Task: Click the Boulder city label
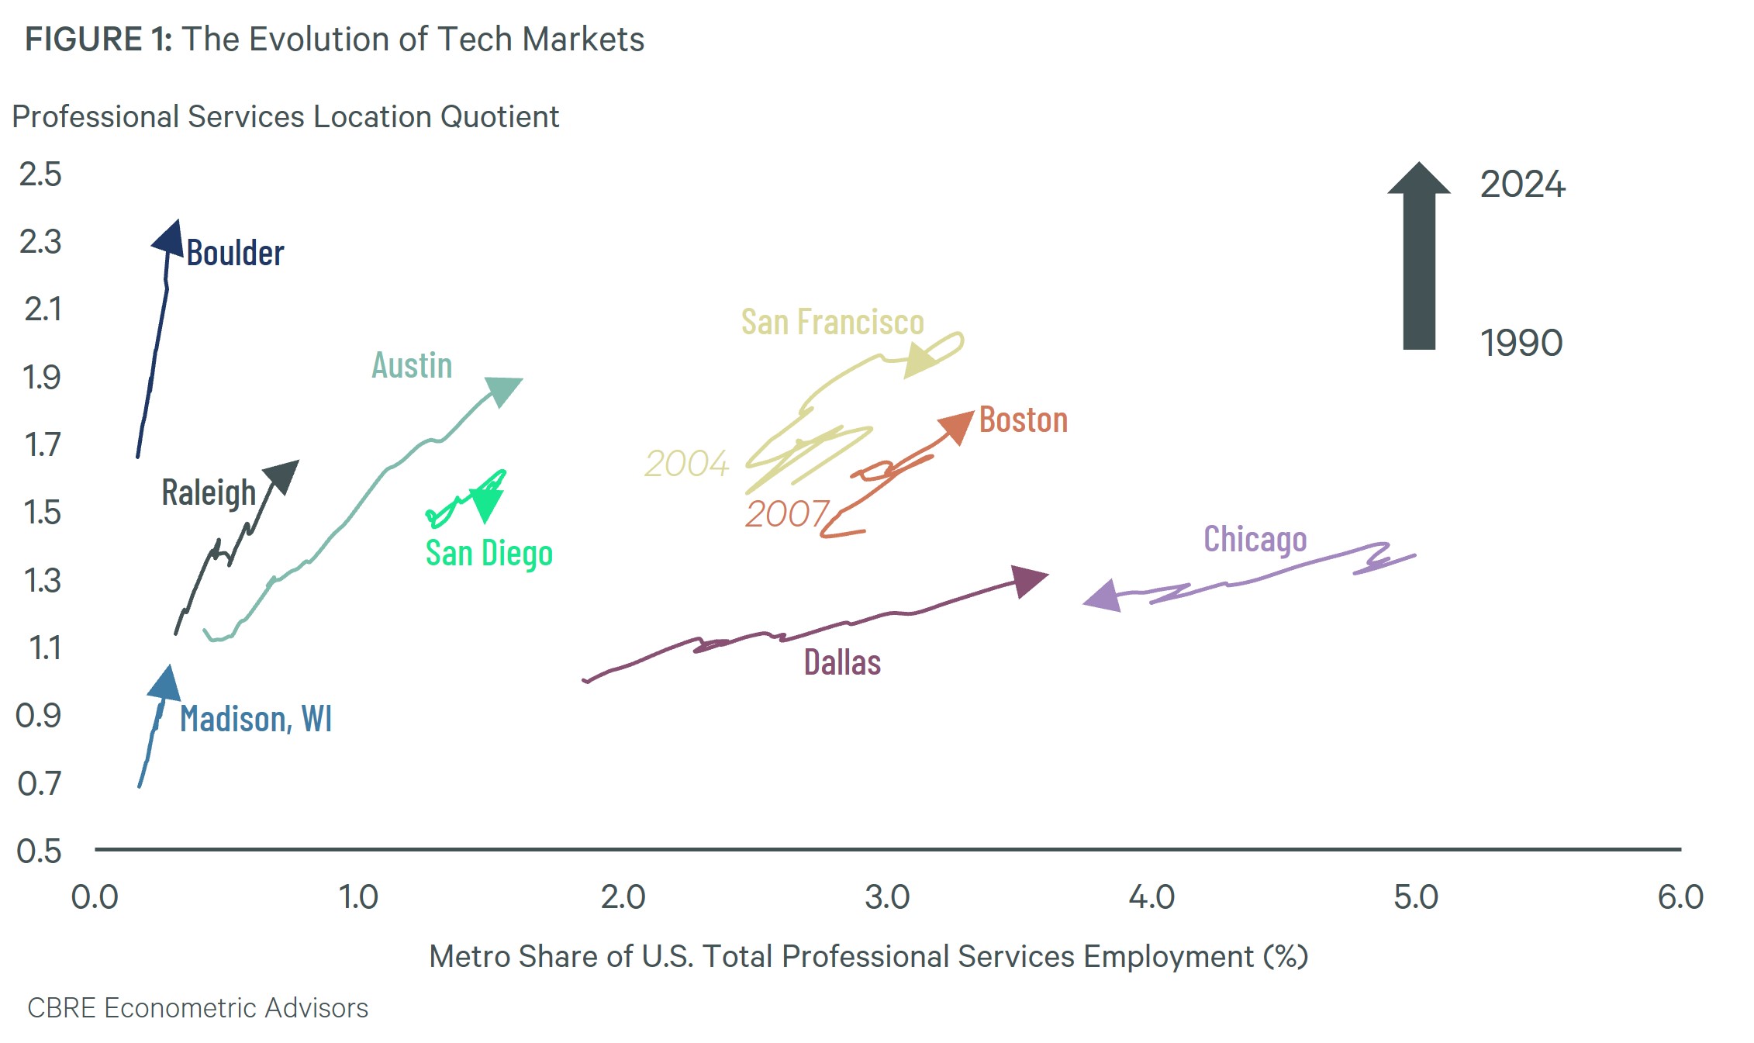235,253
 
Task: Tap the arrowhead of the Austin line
504,389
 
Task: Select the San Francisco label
832,322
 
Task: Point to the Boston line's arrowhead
958,426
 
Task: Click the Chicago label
1255,540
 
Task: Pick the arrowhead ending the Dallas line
1029,581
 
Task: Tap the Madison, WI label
256,719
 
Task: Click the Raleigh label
209,493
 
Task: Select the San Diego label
489,554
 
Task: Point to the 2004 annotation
686,464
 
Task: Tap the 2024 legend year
1522,185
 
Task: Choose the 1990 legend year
1521,343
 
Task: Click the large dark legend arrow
1419,256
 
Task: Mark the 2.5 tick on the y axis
40,174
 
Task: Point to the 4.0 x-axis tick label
1151,897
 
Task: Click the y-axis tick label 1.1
44,648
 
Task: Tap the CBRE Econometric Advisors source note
198,1008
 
